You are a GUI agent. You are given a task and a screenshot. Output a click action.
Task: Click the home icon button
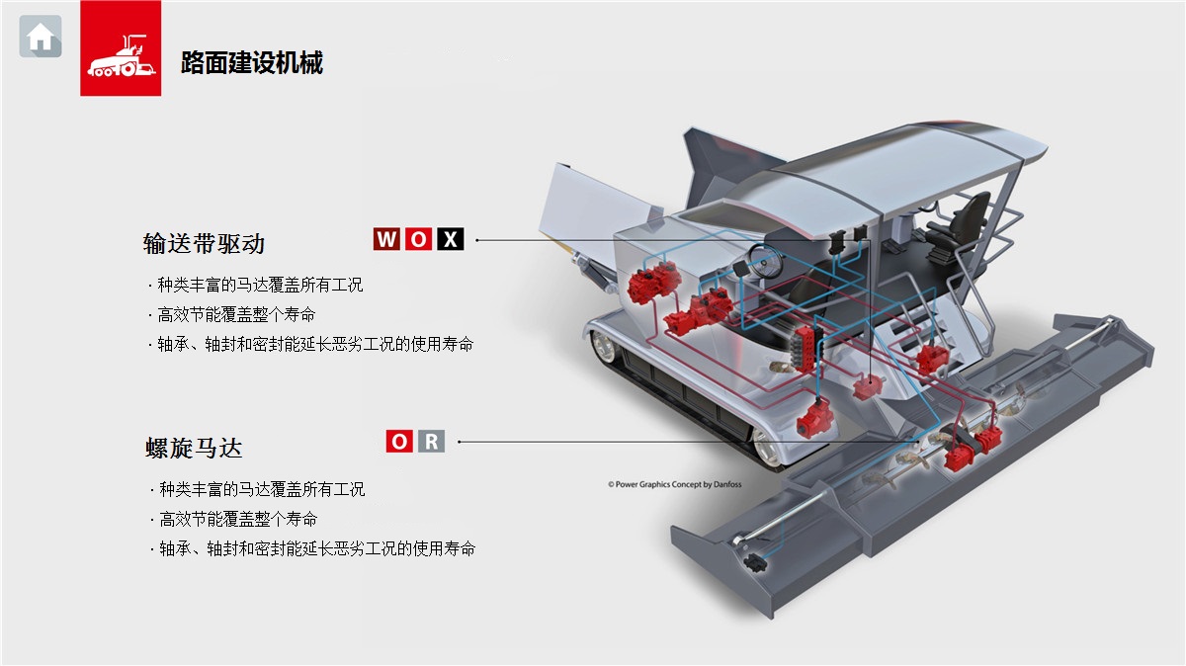click(41, 38)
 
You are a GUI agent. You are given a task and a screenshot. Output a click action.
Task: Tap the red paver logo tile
click(121, 48)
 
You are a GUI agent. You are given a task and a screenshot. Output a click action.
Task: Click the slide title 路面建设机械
click(252, 63)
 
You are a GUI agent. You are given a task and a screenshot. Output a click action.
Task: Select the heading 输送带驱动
click(204, 243)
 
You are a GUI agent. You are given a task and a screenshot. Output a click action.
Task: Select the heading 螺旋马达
click(194, 448)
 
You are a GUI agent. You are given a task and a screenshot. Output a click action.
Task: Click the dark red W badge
click(386, 239)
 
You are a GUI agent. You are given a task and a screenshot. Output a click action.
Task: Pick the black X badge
click(451, 239)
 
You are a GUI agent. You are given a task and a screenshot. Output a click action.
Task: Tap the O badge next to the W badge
click(419, 239)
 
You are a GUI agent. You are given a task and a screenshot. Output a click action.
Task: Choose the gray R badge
click(431, 442)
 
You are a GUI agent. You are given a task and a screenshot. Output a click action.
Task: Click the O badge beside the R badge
click(399, 442)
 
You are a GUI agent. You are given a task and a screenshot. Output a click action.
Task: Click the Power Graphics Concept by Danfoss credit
click(674, 485)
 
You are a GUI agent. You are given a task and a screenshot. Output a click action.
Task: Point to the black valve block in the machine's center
click(803, 348)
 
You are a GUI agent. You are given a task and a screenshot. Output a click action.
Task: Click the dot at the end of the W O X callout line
click(476, 239)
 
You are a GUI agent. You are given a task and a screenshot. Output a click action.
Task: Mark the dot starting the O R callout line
click(460, 442)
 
